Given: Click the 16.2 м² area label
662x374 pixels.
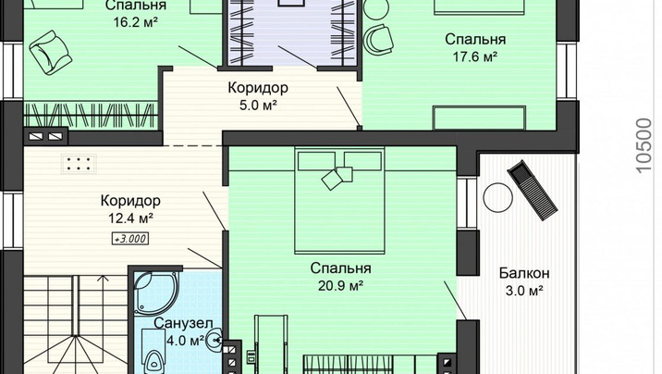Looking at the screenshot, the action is click(135, 22).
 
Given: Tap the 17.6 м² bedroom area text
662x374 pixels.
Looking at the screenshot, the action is click(475, 56).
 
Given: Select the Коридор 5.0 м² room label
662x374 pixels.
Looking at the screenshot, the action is click(258, 96).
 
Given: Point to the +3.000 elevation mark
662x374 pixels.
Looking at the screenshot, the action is click(130, 238).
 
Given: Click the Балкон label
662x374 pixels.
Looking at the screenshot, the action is click(524, 273).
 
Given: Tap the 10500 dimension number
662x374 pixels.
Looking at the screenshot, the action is click(644, 145).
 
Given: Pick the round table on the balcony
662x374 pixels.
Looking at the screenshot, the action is click(497, 197).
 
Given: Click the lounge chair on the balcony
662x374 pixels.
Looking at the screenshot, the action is click(533, 190).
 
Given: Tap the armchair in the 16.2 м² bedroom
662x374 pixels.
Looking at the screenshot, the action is click(50, 53).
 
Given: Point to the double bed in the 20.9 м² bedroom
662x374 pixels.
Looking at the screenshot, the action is click(340, 200).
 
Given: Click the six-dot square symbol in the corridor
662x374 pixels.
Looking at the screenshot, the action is click(79, 164).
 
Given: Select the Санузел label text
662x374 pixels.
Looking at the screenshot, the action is click(183, 323).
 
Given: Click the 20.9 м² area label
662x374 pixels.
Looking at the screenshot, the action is click(341, 286).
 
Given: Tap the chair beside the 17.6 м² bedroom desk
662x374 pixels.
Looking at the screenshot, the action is click(379, 39).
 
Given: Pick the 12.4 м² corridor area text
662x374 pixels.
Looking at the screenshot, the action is click(130, 218).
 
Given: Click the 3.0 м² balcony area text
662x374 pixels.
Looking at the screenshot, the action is click(524, 292).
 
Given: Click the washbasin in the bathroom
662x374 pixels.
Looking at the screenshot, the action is click(215, 340).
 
